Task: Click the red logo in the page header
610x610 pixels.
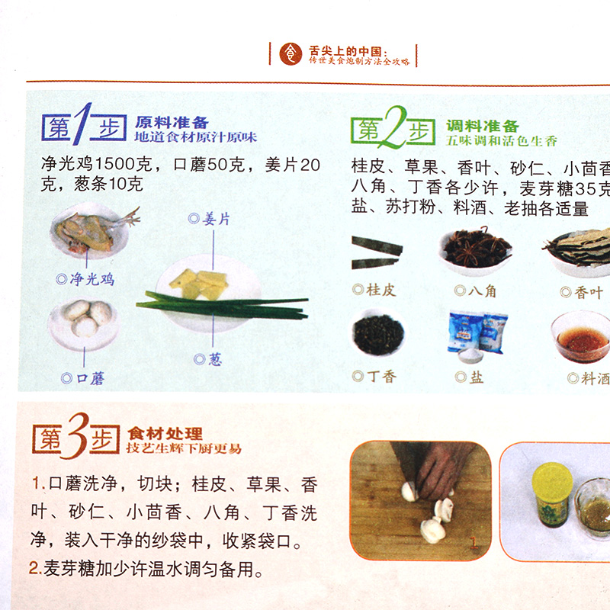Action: [x=291, y=53]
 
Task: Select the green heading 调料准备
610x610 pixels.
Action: [x=483, y=126]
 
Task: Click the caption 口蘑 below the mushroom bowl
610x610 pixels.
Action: [x=85, y=378]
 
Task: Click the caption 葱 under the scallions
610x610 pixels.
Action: [x=215, y=359]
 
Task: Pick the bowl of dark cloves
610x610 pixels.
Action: [x=379, y=335]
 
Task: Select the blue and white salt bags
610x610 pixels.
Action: [x=478, y=332]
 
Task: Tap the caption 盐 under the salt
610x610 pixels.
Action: [x=477, y=377]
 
